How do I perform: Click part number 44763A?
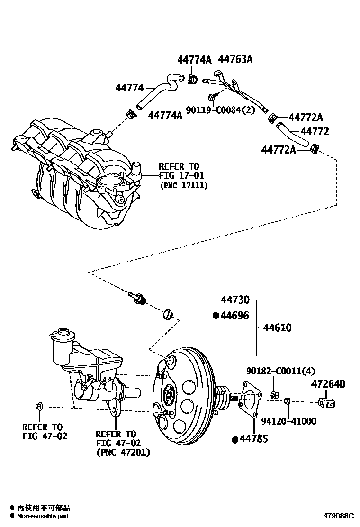click(235, 59)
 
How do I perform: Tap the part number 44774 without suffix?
click(129, 88)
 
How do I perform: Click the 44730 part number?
click(235, 300)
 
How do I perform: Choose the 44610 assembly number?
click(278, 328)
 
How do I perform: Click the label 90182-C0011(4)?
click(281, 371)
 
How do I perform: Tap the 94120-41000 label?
click(289, 421)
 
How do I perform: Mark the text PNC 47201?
click(123, 453)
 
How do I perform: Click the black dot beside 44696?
click(216, 315)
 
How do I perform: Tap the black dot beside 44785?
click(234, 439)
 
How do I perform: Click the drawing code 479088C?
click(339, 516)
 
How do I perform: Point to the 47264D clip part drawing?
click(327, 403)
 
